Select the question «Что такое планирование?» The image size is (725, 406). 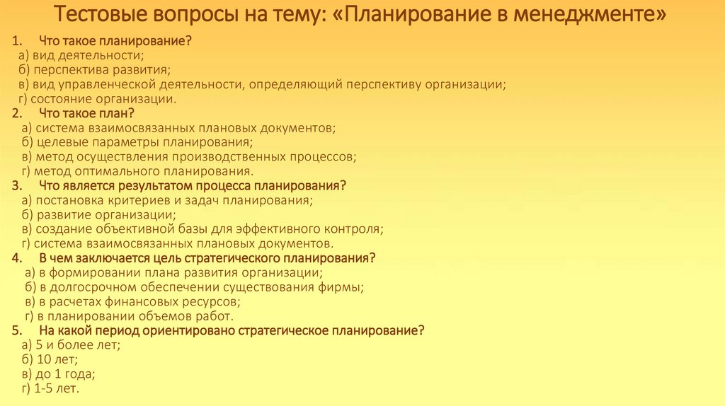115,42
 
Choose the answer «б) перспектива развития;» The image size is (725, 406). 96,70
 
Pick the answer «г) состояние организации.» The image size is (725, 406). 97,99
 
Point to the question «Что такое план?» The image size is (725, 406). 86,113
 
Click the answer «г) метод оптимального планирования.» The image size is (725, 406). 137,171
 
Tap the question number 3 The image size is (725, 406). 16,185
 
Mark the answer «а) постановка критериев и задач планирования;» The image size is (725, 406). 167,200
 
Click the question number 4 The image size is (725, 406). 16,257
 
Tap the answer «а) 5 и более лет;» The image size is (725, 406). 71,345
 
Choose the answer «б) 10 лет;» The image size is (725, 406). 50,359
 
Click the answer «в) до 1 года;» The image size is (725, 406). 59,374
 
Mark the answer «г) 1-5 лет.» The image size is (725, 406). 51,388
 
